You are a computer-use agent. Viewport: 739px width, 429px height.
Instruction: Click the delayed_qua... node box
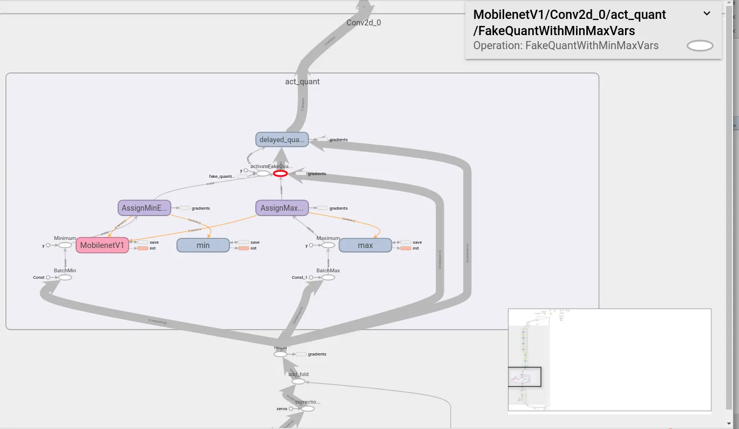(282, 139)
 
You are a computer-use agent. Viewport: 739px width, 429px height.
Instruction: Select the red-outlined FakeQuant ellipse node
(280, 173)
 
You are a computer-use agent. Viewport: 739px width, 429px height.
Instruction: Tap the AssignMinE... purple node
(145, 207)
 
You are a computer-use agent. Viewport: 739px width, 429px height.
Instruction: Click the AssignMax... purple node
(282, 207)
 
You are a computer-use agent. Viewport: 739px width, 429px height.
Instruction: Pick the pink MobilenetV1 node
(102, 245)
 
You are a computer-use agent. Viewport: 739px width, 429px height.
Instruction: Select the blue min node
(203, 245)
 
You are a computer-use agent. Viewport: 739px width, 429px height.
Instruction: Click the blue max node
(365, 245)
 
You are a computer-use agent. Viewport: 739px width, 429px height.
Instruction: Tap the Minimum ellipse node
(65, 245)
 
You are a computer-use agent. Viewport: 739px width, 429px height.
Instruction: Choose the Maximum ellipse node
(328, 245)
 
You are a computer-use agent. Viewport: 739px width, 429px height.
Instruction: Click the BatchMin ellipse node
(65, 277)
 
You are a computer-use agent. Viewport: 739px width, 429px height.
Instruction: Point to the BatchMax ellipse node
(328, 277)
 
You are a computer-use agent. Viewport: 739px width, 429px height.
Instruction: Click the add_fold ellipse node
(299, 381)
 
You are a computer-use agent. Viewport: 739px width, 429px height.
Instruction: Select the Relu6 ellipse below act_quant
(280, 354)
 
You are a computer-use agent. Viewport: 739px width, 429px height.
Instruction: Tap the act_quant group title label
(302, 82)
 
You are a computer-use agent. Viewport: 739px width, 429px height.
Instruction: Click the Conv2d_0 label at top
(363, 23)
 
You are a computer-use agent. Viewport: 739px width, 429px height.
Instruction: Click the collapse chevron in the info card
(707, 14)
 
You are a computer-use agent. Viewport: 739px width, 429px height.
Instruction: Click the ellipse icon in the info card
(700, 46)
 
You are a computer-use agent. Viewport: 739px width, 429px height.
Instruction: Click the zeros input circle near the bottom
(291, 408)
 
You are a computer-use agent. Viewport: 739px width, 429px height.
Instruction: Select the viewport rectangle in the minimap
(524, 377)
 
